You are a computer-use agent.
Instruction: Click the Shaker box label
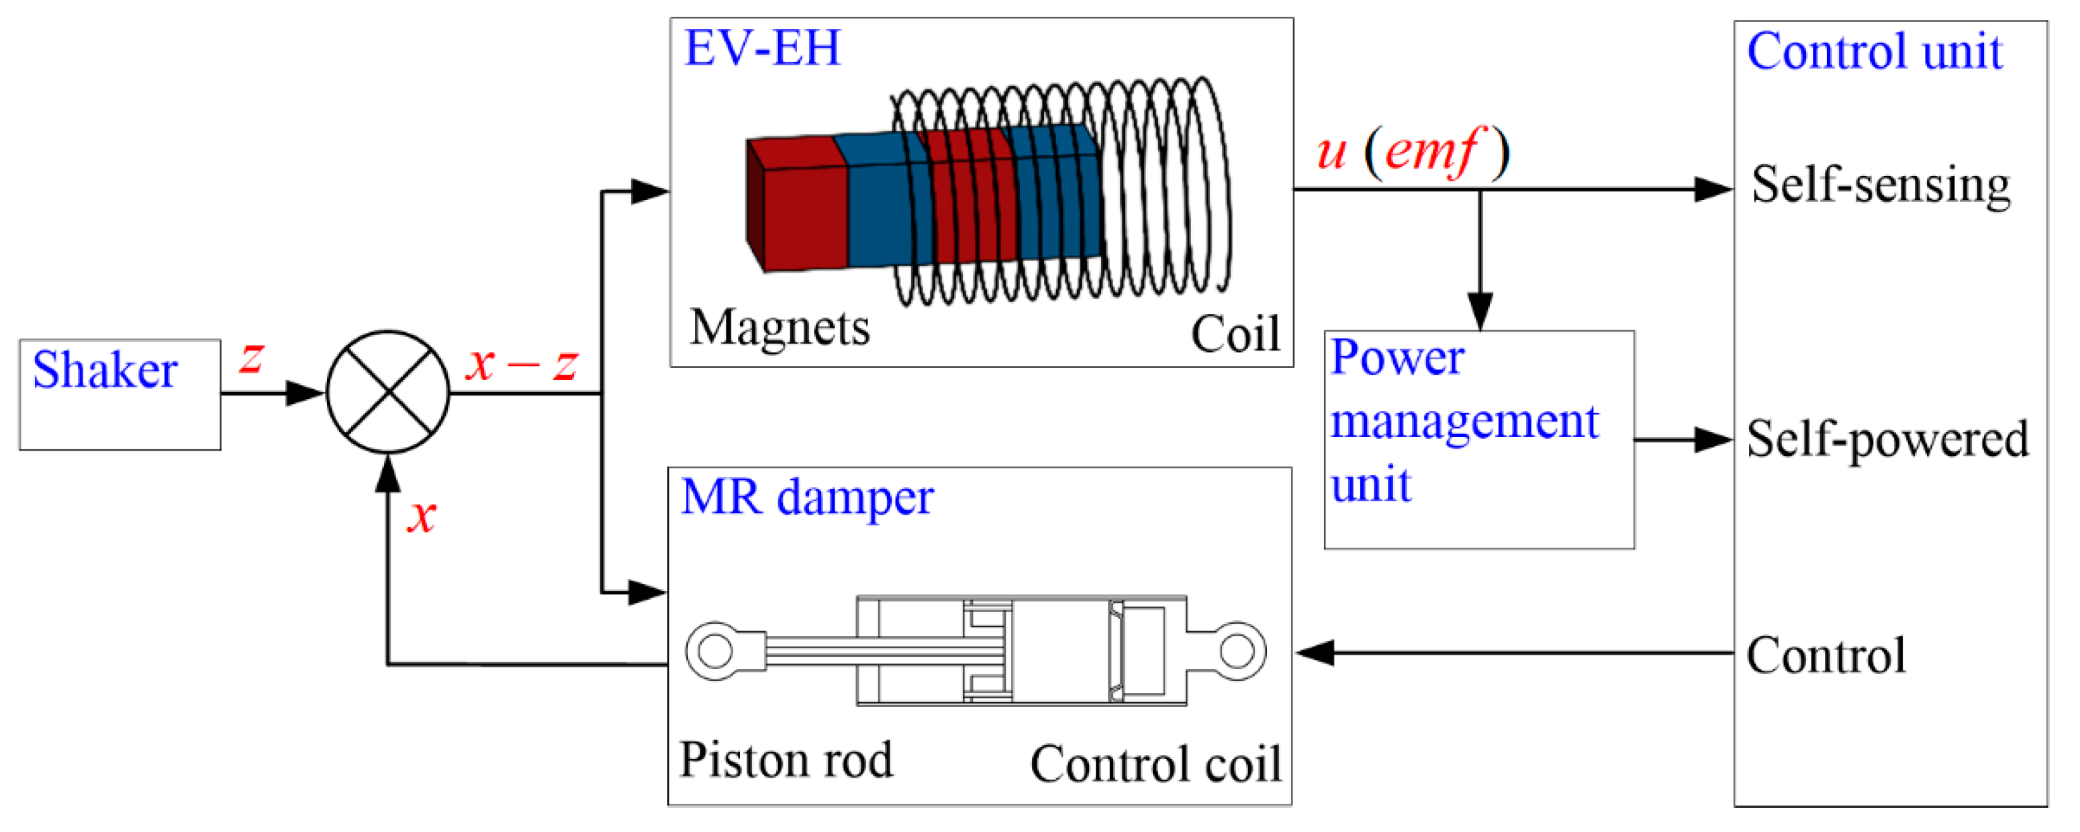click(x=105, y=371)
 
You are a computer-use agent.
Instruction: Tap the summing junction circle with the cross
click(x=388, y=393)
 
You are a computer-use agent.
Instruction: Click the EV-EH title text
click(x=762, y=48)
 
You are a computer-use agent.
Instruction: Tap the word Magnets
click(x=780, y=328)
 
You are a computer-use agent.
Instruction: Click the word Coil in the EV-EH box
click(x=1235, y=334)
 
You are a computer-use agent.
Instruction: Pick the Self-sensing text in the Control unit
click(x=1881, y=185)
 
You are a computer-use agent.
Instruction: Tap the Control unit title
click(x=1874, y=52)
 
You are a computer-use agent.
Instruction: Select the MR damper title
click(x=808, y=498)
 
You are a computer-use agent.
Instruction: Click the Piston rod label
click(x=786, y=760)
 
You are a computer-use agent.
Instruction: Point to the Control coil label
click(x=1155, y=764)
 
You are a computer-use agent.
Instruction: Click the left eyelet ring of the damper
click(x=714, y=651)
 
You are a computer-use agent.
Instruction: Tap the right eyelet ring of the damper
click(x=1236, y=651)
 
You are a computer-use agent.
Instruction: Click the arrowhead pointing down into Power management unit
click(x=1480, y=312)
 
